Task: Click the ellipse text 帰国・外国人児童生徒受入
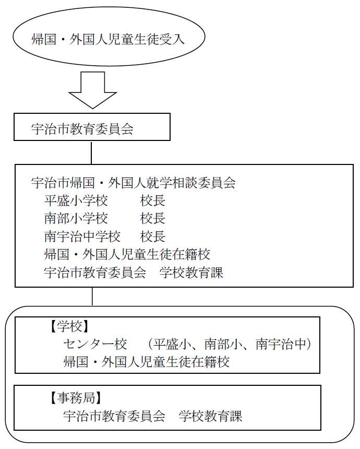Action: point(108,39)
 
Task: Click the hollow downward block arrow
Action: point(93,90)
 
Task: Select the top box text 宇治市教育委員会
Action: point(82,129)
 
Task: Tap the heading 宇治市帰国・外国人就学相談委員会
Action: point(134,183)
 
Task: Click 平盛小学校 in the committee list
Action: point(76,200)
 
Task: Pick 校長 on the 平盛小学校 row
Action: point(153,200)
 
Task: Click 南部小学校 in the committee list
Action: point(76,219)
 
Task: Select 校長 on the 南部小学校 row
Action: point(153,219)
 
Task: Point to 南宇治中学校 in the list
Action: point(82,237)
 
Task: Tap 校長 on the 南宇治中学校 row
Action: point(153,237)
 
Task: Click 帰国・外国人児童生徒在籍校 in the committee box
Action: point(127,255)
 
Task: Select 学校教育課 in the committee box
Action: point(191,273)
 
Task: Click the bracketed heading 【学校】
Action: point(69,326)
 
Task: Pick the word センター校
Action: point(95,344)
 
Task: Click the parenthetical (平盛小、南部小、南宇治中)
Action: point(230,344)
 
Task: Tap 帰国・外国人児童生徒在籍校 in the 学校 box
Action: point(146,362)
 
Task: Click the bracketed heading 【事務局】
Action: point(76,398)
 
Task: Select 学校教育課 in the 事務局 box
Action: point(210,416)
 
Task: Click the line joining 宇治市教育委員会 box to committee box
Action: point(91,152)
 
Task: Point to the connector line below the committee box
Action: point(92,297)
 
